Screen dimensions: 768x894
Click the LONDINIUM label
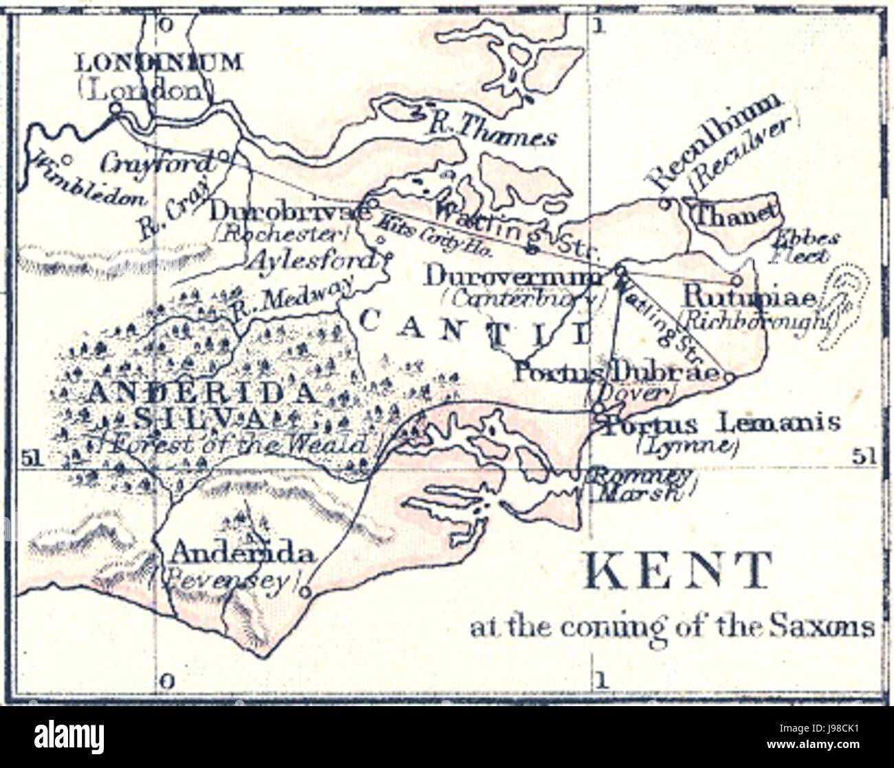click(x=158, y=63)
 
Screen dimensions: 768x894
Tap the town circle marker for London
click(x=116, y=107)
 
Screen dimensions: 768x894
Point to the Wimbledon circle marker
click(x=67, y=159)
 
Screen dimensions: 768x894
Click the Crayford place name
click(x=156, y=164)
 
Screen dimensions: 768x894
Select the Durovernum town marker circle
click(x=619, y=270)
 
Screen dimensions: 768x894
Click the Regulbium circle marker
click(x=664, y=203)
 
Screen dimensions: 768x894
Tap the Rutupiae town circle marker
click(x=737, y=280)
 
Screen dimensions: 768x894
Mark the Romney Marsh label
click(x=639, y=484)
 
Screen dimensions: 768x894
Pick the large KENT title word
click(x=677, y=570)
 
